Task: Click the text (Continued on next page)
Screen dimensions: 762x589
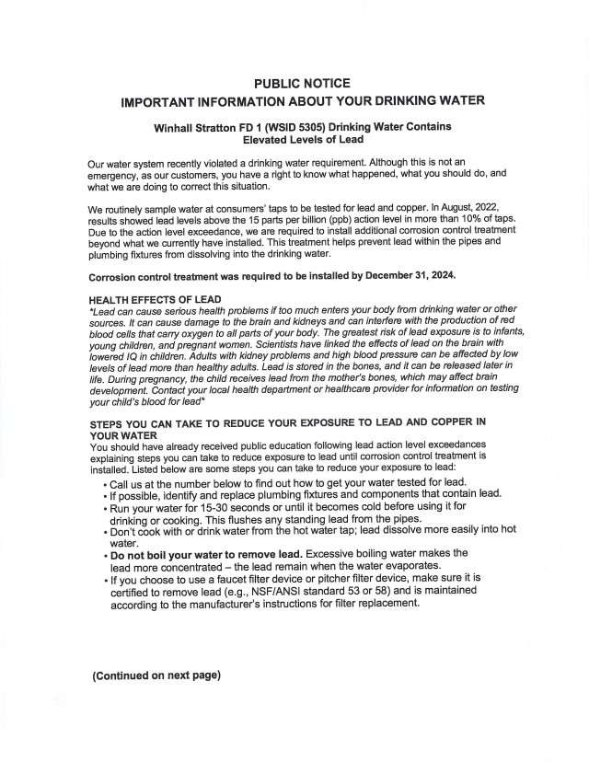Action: (x=156, y=676)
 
